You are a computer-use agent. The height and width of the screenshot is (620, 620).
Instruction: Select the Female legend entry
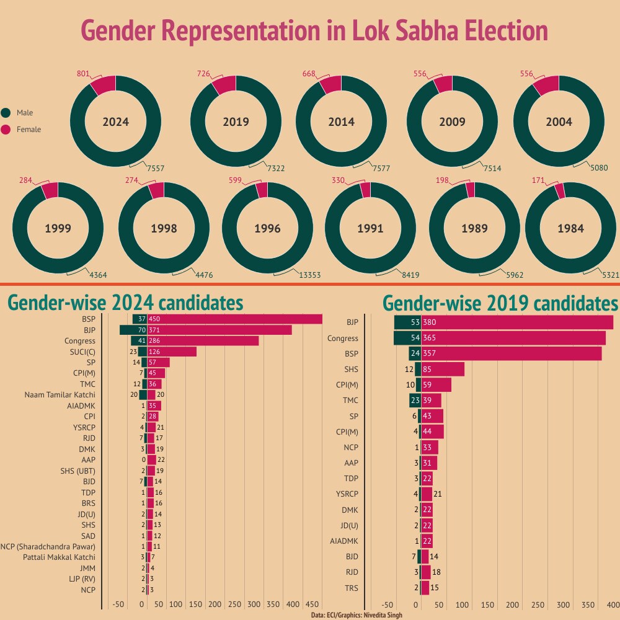[29, 130]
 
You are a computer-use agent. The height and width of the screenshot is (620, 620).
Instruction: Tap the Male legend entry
[25, 113]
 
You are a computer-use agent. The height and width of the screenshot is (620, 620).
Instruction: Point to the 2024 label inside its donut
[116, 122]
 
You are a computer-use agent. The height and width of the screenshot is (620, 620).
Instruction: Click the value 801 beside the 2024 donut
[83, 74]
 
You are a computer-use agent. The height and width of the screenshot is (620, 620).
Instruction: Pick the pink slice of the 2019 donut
[225, 84]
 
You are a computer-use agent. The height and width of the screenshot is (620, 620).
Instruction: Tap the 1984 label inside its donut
[570, 228]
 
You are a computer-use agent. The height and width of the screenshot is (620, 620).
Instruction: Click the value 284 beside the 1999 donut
[26, 180]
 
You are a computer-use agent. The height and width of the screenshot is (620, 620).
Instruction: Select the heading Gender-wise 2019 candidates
[500, 304]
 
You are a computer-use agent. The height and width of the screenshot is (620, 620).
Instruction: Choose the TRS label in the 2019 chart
[352, 588]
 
